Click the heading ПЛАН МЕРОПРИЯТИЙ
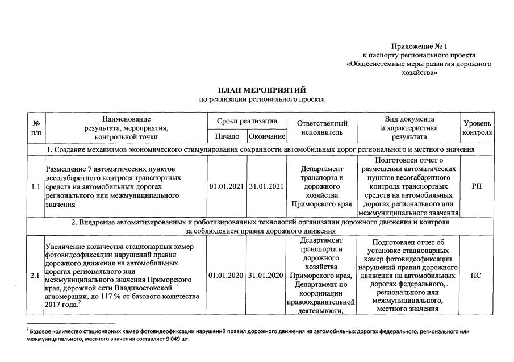(x=262, y=90)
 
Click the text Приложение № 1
(x=419, y=45)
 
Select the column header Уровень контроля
(x=477, y=128)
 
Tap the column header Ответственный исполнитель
(x=322, y=128)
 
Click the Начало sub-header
(x=227, y=136)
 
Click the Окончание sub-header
(x=266, y=136)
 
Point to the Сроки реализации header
(x=247, y=121)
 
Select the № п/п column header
(x=36, y=128)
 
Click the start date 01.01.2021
(x=227, y=186)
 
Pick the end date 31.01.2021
(x=266, y=186)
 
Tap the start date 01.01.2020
(x=227, y=276)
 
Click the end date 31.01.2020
(x=266, y=276)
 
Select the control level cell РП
(x=477, y=186)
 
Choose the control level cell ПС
(x=477, y=276)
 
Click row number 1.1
(x=36, y=186)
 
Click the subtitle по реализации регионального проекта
(x=262, y=99)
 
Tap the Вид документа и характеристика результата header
(x=409, y=128)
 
